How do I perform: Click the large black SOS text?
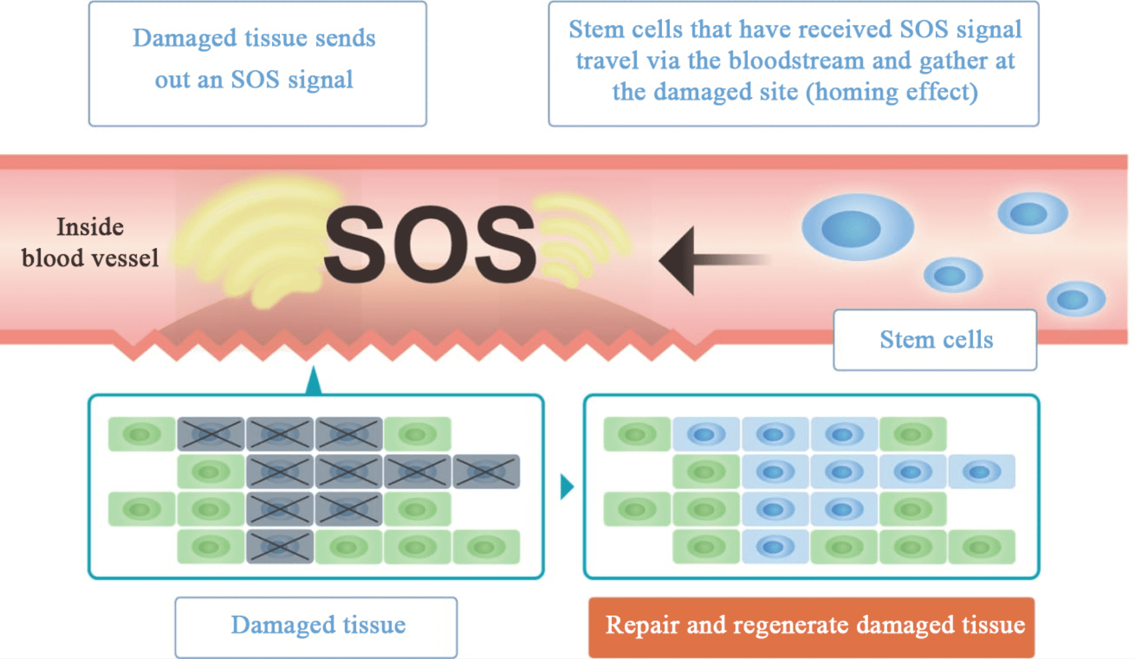[x=430, y=244]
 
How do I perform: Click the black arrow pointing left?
[x=698, y=260]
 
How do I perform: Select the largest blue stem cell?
[x=857, y=228]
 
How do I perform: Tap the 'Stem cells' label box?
[x=935, y=340]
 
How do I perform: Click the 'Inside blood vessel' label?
[x=90, y=243]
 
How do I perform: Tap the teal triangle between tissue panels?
[x=566, y=486]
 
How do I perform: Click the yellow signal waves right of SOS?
[x=579, y=240]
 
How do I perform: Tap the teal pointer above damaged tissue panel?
[x=313, y=382]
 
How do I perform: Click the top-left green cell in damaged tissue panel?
[x=141, y=435]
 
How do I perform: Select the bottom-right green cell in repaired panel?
[x=981, y=547]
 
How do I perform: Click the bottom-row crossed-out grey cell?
[x=280, y=547]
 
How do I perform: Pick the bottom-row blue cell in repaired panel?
[x=774, y=547]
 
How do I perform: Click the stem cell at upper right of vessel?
[x=1032, y=213]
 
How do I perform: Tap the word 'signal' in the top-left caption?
[x=320, y=80]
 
